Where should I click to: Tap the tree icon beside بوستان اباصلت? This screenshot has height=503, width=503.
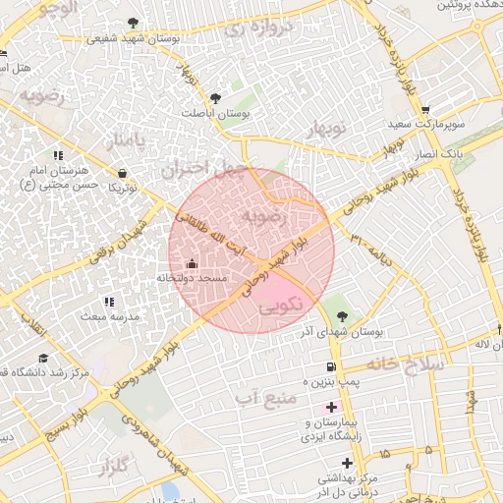[215, 98]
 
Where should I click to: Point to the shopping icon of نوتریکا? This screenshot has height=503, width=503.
[121, 171]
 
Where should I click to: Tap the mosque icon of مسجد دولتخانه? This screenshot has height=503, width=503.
[191, 263]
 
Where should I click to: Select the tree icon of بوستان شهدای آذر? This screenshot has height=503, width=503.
[341, 316]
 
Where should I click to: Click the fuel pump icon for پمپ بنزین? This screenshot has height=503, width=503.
[325, 367]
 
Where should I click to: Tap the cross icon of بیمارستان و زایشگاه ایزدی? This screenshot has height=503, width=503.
[331, 407]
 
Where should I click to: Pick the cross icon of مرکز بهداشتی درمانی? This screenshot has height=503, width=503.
[346, 463]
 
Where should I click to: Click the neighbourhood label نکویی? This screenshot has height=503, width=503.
[281, 307]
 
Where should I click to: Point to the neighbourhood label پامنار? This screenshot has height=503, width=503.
[127, 141]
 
